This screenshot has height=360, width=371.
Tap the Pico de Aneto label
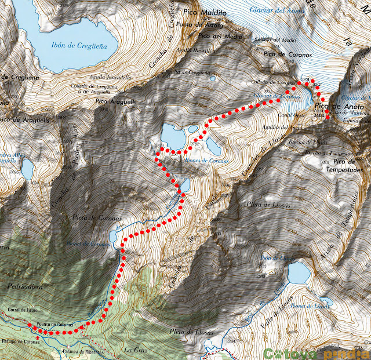tap(339, 108)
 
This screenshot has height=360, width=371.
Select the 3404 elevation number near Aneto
tap(319, 116)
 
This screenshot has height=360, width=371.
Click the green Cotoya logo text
tap(288, 352)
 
